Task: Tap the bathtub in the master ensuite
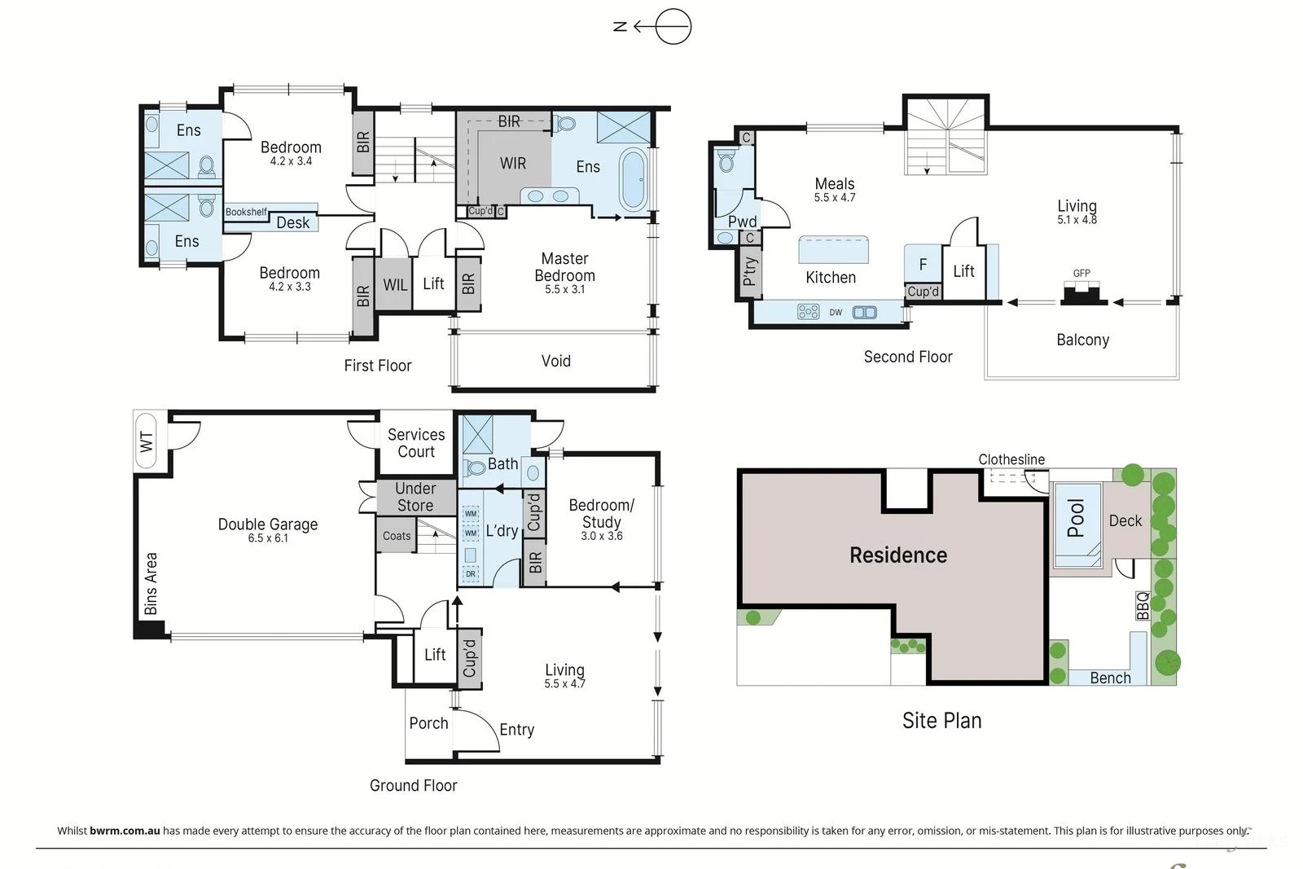(x=634, y=179)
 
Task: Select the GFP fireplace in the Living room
(x=1084, y=293)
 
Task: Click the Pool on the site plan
(x=1077, y=524)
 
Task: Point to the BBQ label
(x=1143, y=605)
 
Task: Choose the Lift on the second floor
(x=963, y=272)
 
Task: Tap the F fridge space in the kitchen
(x=923, y=264)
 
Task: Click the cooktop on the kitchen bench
(x=808, y=312)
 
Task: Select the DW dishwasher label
(x=836, y=313)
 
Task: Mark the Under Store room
(x=415, y=497)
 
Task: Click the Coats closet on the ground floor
(x=396, y=536)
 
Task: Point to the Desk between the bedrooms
(x=293, y=223)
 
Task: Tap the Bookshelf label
(x=246, y=212)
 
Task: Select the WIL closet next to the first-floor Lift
(x=394, y=284)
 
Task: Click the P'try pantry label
(x=749, y=271)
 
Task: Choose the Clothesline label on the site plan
(x=1011, y=459)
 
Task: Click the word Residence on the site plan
(x=898, y=555)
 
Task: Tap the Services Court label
(x=416, y=443)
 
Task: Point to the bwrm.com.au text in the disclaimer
(x=125, y=831)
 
